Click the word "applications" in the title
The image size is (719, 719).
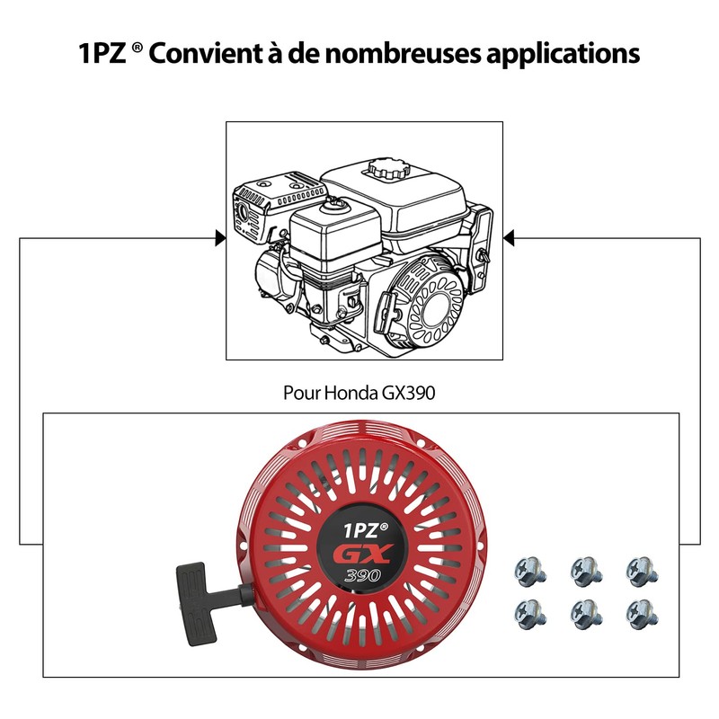(x=563, y=54)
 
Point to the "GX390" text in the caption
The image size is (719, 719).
(x=408, y=393)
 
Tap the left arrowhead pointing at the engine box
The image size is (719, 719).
(x=220, y=238)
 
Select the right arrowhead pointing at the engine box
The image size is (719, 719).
(x=509, y=238)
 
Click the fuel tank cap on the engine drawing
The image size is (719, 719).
(x=388, y=169)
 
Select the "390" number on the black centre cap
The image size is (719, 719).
(x=362, y=574)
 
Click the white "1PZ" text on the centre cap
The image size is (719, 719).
(x=361, y=530)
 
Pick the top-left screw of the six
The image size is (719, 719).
(x=530, y=572)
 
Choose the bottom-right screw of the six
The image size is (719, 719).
(x=642, y=614)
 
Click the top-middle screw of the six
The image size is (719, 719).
(x=587, y=572)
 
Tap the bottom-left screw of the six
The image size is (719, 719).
(x=530, y=614)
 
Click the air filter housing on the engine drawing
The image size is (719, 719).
(x=335, y=233)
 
